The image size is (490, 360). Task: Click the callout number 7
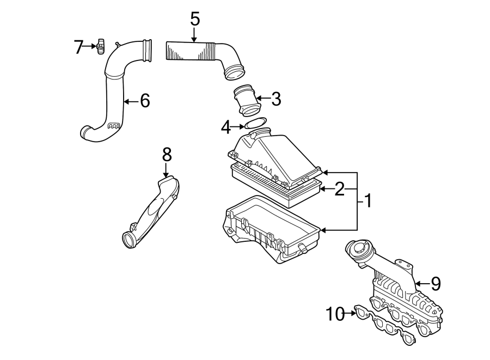point(79,47)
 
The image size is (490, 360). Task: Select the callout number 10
point(336,314)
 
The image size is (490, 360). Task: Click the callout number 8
point(167,154)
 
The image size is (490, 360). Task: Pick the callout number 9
point(435,283)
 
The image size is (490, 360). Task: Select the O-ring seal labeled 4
point(255,124)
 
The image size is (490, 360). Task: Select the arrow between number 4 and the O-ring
point(238,127)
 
